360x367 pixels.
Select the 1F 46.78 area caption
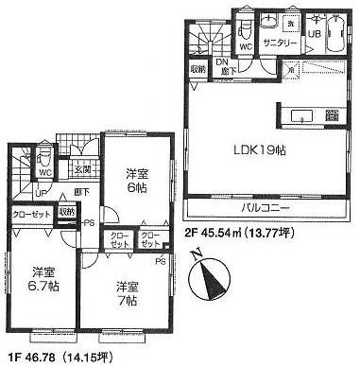coord(54,357)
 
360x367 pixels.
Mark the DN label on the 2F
coord(224,63)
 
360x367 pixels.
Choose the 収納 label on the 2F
coord(197,69)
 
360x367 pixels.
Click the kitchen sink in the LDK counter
coord(300,116)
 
